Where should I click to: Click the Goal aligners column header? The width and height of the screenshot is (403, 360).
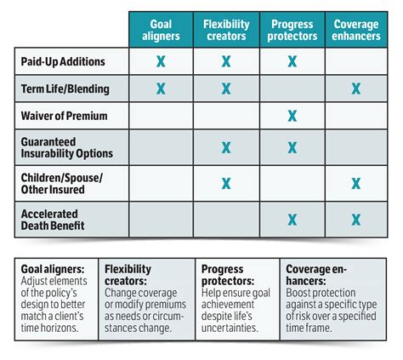click(160, 30)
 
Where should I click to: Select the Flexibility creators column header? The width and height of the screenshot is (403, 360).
click(226, 30)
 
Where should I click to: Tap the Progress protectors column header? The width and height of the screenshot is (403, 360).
click(292, 30)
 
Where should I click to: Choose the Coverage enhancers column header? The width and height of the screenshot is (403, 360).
click(356, 30)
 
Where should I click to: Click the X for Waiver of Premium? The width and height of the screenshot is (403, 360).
click(292, 116)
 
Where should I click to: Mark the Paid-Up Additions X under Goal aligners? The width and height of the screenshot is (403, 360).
click(160, 61)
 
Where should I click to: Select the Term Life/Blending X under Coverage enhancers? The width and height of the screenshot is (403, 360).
click(356, 88)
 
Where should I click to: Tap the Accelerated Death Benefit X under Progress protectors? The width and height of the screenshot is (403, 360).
click(292, 220)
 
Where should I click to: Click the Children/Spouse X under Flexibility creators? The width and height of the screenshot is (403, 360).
click(226, 182)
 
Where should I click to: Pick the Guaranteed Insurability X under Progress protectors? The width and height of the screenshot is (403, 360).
click(292, 147)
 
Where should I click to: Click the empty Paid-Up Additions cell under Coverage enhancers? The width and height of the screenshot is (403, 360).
click(356, 61)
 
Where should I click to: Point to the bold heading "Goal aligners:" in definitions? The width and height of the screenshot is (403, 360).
click(53, 268)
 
